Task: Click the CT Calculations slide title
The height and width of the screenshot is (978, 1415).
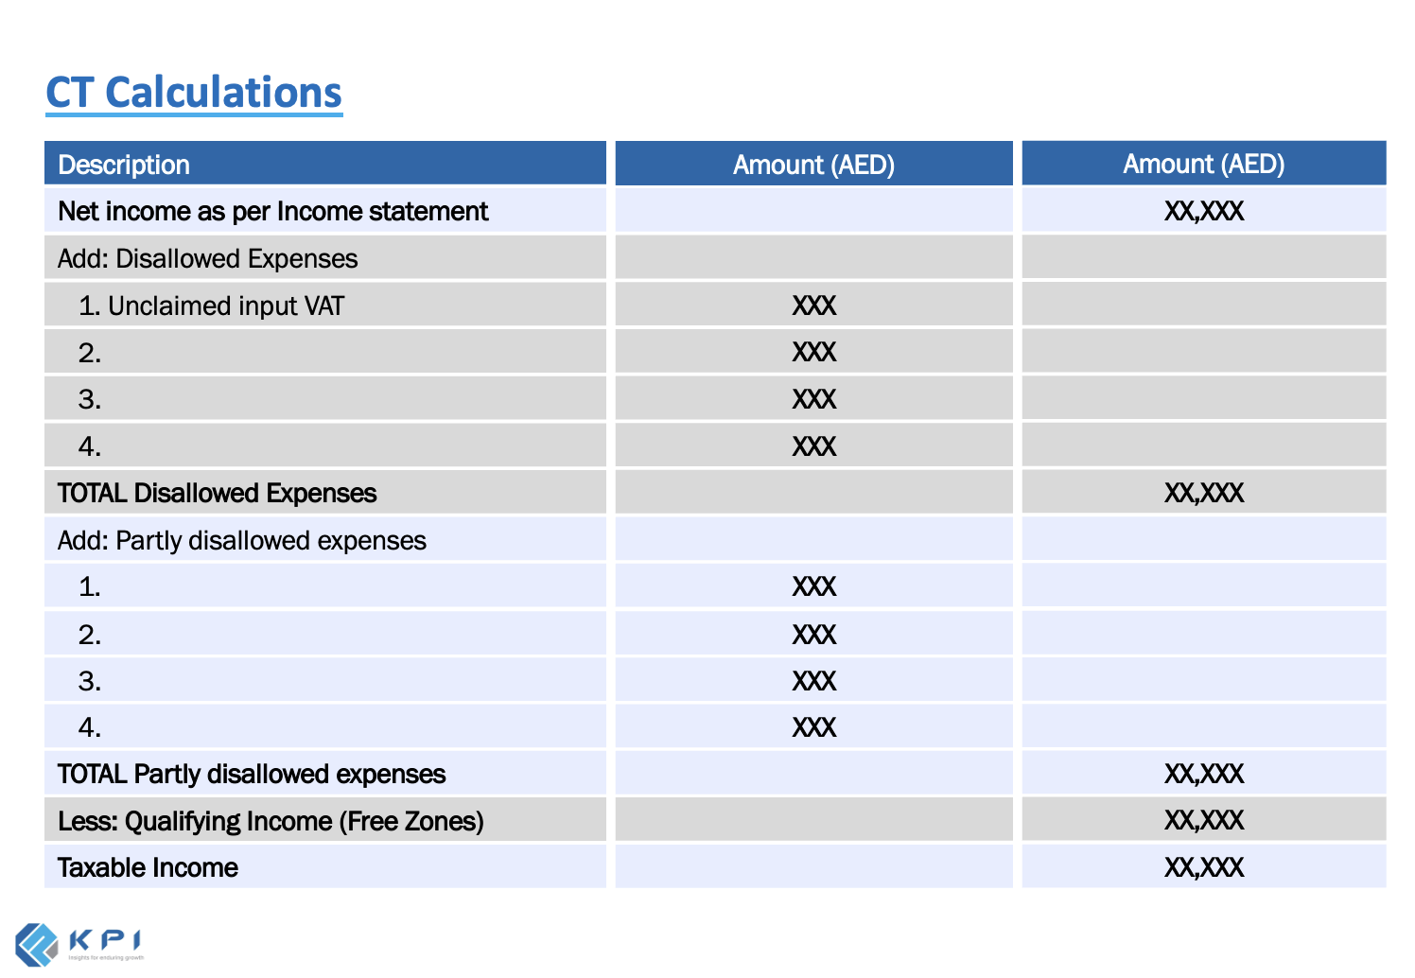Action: pyautogui.click(x=194, y=93)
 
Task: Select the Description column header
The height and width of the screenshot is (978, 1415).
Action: pyautogui.click(x=124, y=165)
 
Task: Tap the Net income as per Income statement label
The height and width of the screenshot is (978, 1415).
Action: pyautogui.click(x=272, y=211)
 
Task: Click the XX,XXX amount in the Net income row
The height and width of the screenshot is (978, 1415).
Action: pyautogui.click(x=1203, y=211)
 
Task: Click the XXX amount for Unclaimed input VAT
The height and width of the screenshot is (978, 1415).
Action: pyautogui.click(x=813, y=306)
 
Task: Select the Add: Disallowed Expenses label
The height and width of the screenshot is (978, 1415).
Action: pyautogui.click(x=207, y=258)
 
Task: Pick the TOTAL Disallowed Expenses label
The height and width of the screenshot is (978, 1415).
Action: pyautogui.click(x=217, y=493)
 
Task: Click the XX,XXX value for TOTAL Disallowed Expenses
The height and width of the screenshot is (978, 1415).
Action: pyautogui.click(x=1203, y=493)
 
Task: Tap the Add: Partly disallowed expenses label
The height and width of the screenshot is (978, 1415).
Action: pyautogui.click(x=241, y=540)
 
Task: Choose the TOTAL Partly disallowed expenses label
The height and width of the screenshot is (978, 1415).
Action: pyautogui.click(x=251, y=774)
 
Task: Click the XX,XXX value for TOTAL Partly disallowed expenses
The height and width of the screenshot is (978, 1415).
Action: pyautogui.click(x=1203, y=774)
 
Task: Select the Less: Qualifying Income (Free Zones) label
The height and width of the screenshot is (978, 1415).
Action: pyautogui.click(x=271, y=821)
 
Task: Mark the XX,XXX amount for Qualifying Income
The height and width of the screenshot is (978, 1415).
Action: pyautogui.click(x=1203, y=820)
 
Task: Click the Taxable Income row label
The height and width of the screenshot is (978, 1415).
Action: pyautogui.click(x=148, y=867)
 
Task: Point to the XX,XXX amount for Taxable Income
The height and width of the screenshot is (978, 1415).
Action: pyautogui.click(x=1203, y=867)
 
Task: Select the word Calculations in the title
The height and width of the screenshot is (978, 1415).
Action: pyautogui.click(x=223, y=93)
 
